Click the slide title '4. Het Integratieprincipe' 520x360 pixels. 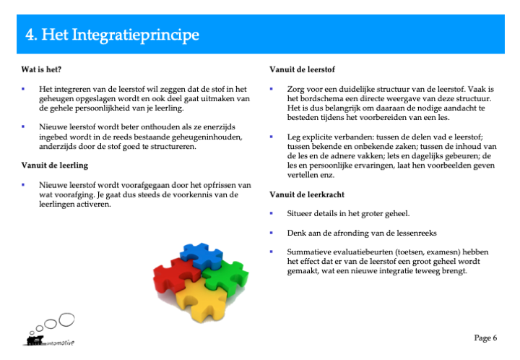[112, 35]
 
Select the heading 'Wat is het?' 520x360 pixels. [41, 69]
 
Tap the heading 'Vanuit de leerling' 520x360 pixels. [55, 166]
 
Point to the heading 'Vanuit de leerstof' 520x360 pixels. [302, 69]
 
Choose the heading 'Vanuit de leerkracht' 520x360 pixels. [307, 194]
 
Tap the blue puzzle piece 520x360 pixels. [201, 255]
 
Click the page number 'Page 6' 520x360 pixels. [485, 338]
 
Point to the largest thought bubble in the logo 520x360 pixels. [66, 320]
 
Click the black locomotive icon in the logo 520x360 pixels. [35, 340]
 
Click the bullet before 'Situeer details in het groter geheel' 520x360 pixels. [272, 213]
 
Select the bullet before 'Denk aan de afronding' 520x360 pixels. [272, 233]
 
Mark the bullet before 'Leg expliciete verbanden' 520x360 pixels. [272, 137]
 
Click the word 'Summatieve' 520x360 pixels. [309, 252]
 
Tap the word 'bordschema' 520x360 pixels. [320, 98]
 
